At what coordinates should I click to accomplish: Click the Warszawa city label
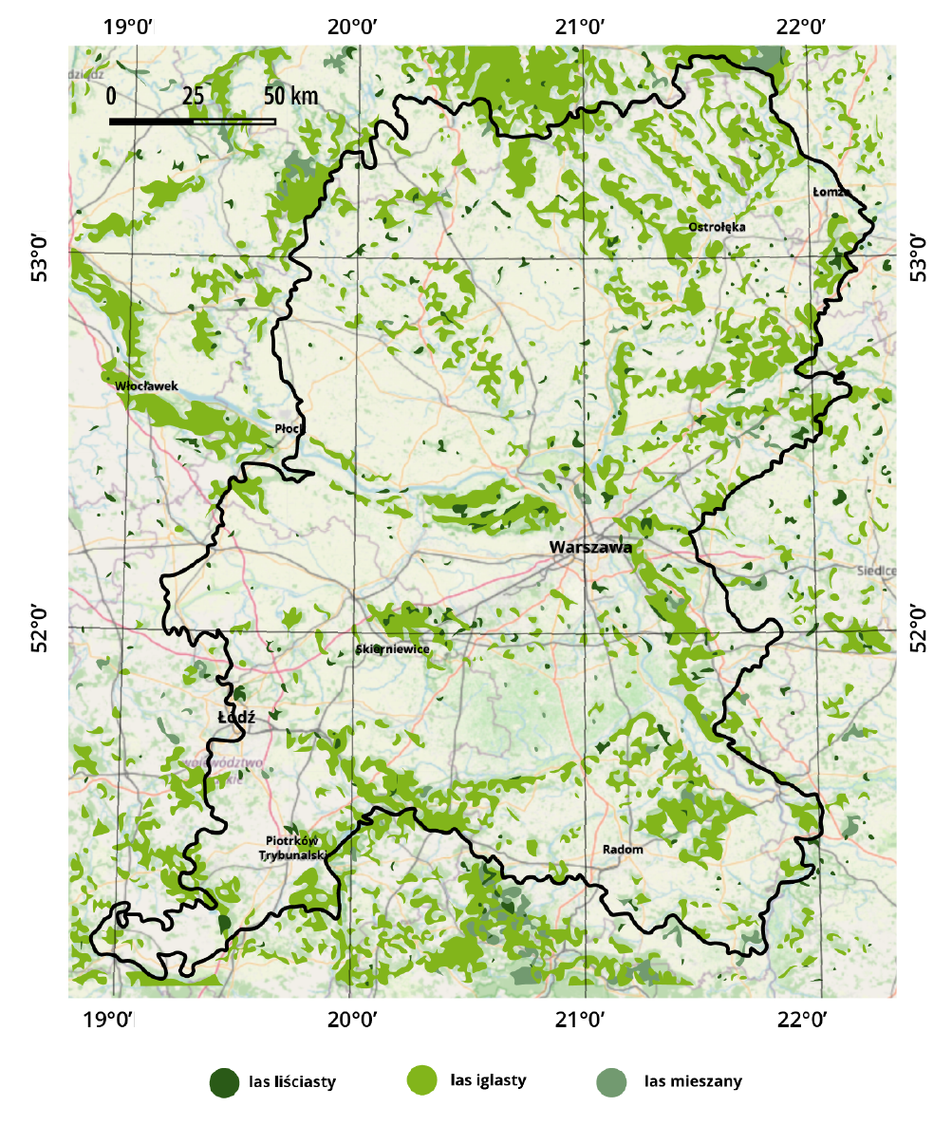click(x=589, y=548)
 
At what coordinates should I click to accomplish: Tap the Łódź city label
click(x=236, y=718)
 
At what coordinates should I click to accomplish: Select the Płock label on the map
click(x=289, y=429)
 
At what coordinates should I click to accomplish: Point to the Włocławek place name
click(x=146, y=386)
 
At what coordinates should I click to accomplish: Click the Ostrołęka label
click(x=717, y=227)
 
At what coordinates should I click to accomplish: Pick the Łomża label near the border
click(x=831, y=192)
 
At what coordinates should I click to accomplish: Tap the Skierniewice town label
click(x=393, y=649)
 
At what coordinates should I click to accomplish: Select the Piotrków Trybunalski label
click(x=292, y=848)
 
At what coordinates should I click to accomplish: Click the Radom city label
click(x=623, y=850)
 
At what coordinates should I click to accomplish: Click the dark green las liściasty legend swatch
click(x=225, y=1082)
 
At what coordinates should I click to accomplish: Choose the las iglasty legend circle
click(x=421, y=1080)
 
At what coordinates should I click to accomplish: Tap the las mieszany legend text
click(x=693, y=1081)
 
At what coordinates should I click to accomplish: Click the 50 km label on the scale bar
click(x=290, y=97)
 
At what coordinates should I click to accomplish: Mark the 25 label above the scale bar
click(x=193, y=97)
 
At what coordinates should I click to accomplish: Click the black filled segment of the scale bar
click(x=151, y=122)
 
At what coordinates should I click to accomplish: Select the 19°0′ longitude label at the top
click(x=129, y=27)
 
